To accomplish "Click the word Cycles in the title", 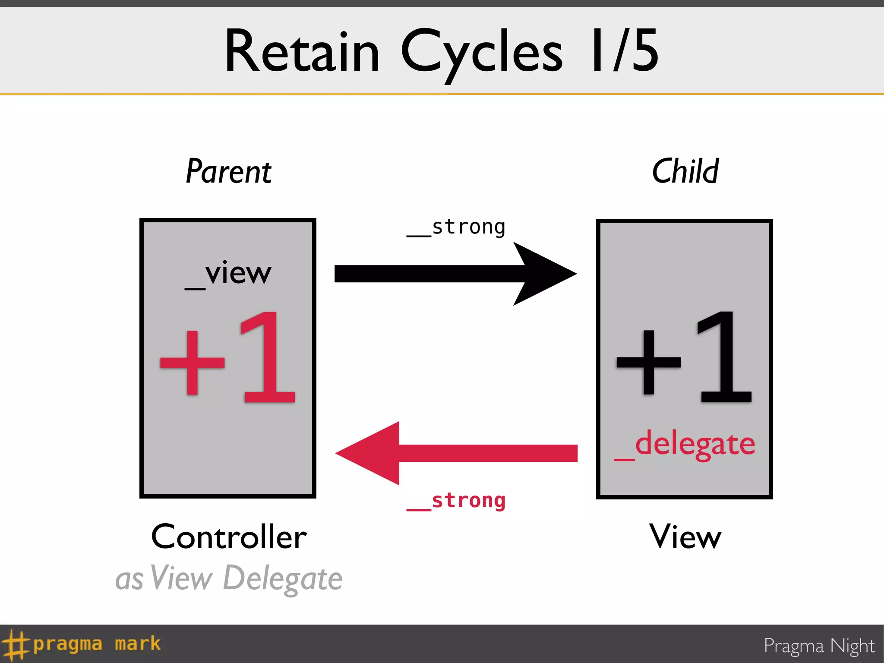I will click(x=481, y=54).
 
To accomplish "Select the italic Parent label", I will click(x=228, y=171).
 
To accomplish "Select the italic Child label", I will click(x=685, y=171).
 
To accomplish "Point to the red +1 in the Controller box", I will click(x=227, y=358).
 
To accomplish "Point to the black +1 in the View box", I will click(x=684, y=358).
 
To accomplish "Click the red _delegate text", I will click(x=685, y=445).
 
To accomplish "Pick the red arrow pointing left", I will click(x=455, y=453).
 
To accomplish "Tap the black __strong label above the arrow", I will click(x=456, y=227).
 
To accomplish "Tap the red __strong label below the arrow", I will click(x=456, y=501).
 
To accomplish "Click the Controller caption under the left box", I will click(x=229, y=537).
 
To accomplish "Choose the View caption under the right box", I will click(x=685, y=537).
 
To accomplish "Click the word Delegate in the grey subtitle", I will click(x=283, y=578).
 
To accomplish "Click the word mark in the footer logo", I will click(x=138, y=644).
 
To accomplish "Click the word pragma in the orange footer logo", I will click(x=68, y=644).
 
